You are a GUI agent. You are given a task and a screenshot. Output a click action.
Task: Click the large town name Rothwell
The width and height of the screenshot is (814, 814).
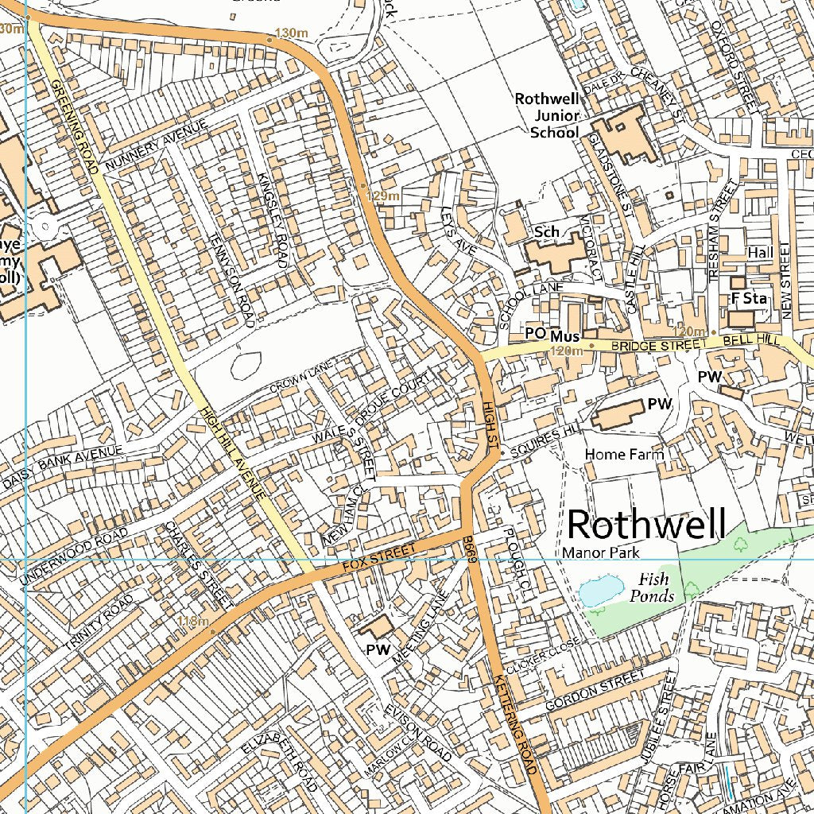[646, 525]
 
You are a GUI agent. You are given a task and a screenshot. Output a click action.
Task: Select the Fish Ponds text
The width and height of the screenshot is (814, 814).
[653, 587]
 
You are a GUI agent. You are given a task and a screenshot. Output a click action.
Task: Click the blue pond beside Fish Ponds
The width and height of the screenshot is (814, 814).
[600, 591]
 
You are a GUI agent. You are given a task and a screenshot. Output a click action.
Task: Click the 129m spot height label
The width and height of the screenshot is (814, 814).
[382, 196]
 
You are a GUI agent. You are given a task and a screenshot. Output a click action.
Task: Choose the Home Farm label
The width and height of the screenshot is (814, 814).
[624, 454]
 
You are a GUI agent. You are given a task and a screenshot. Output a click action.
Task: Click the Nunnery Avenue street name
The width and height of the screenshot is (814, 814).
[156, 144]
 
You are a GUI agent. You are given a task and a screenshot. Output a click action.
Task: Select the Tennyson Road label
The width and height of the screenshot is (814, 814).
[230, 279]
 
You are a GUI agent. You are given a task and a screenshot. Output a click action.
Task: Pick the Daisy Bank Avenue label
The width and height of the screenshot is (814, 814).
[64, 467]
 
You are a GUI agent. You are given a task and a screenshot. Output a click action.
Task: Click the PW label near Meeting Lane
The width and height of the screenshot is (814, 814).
[378, 649]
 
